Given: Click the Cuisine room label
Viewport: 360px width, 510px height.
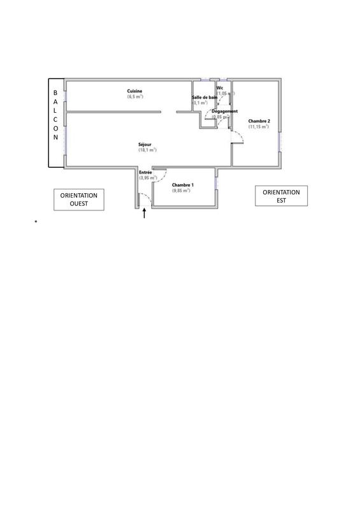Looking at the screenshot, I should [x=134, y=91].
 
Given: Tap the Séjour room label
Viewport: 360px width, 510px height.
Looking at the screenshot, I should [x=145, y=144].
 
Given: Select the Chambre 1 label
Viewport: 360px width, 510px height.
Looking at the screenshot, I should [x=183, y=184].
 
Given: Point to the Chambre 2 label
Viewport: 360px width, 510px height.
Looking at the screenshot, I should [x=259, y=121].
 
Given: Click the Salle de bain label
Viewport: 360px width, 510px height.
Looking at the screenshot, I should [x=205, y=97].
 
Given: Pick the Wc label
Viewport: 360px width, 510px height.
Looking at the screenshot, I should [x=220, y=87].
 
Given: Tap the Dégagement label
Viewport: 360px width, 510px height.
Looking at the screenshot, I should [x=225, y=111].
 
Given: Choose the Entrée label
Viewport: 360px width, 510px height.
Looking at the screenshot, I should [x=146, y=172].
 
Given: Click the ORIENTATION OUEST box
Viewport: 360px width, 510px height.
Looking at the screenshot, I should [x=78, y=200].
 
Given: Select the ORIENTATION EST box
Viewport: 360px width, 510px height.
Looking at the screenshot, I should [x=281, y=196].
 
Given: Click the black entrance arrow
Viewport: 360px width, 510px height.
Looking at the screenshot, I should [x=145, y=214].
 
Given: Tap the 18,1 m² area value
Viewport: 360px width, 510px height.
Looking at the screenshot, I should [x=147, y=150].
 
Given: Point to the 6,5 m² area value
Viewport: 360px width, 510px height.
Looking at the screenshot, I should [x=135, y=97].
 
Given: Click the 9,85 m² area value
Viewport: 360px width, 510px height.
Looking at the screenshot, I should [x=182, y=190].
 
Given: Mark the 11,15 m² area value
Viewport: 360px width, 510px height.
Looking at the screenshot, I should [x=259, y=127].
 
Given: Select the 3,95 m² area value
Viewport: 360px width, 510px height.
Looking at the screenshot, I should [x=148, y=178].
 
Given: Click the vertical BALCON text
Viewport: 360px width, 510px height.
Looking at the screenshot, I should [x=55, y=115].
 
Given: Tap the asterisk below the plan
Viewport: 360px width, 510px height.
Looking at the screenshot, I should [x=37, y=221].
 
